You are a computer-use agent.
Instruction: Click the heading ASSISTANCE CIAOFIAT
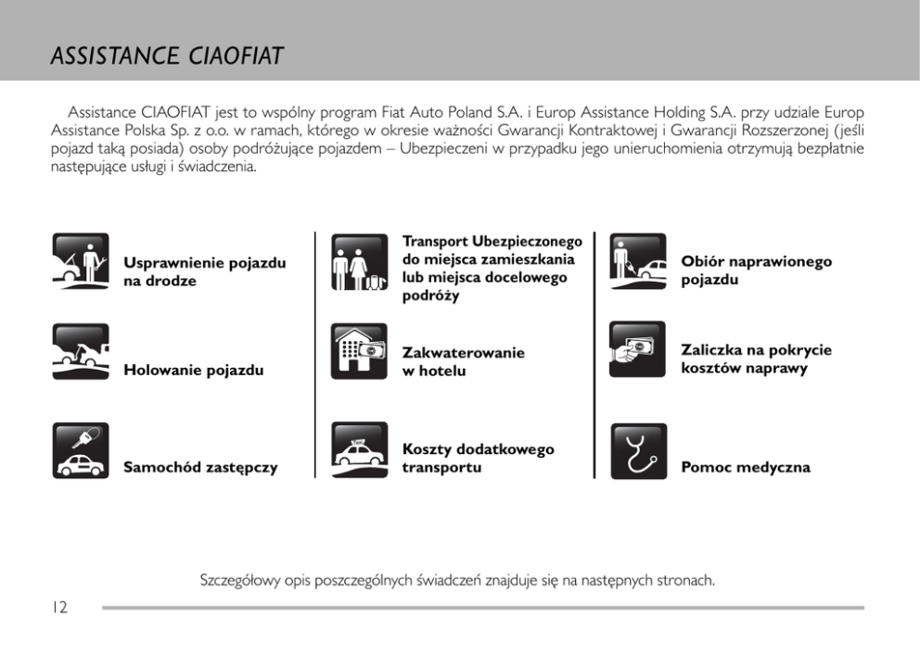[x=167, y=57]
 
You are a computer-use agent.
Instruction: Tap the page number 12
[x=59, y=608]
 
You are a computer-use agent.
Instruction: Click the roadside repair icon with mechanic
[x=81, y=261]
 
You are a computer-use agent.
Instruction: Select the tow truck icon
[x=81, y=351]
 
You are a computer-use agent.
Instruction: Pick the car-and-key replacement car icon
[x=81, y=450]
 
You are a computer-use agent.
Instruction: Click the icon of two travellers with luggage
[x=359, y=261]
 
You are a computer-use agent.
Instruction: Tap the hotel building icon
[x=359, y=351]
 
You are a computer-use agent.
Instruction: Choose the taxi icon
[x=359, y=450]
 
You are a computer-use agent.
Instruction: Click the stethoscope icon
[x=638, y=450]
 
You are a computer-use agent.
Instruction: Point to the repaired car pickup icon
[x=638, y=261]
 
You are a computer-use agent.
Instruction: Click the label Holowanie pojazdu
[x=193, y=371]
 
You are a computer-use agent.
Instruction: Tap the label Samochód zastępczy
[x=200, y=468]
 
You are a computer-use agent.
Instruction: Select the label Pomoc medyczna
[x=746, y=468]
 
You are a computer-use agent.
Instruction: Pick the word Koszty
[x=427, y=449]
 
